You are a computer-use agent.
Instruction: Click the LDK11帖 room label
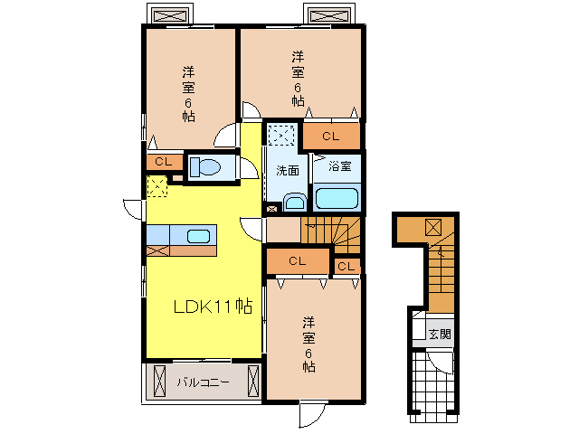(214, 306)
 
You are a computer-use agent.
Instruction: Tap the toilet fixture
(204, 167)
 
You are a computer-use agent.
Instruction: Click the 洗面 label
(288, 171)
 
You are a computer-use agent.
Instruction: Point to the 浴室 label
(340, 166)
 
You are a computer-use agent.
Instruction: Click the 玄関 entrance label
(440, 335)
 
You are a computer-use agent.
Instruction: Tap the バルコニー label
(203, 382)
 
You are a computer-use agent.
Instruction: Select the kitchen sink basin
(198, 236)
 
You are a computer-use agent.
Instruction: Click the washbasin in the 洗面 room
(295, 203)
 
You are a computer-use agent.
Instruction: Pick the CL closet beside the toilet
(164, 162)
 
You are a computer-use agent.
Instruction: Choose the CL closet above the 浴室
(331, 137)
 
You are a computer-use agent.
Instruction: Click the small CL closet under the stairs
(346, 266)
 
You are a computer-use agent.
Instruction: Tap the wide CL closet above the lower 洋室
(298, 261)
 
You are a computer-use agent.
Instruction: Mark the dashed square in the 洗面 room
(281, 135)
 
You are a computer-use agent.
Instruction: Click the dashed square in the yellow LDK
(157, 186)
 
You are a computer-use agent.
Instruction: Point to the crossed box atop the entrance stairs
(433, 227)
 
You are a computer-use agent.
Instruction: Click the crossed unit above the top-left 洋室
(170, 16)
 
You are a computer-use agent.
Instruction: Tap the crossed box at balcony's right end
(253, 382)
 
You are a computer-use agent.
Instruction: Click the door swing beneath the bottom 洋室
(312, 413)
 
